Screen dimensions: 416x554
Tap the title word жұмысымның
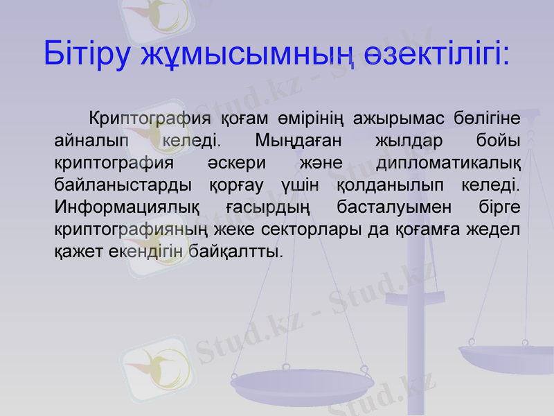[x=246, y=54]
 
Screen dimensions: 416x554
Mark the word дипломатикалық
[x=448, y=164]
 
